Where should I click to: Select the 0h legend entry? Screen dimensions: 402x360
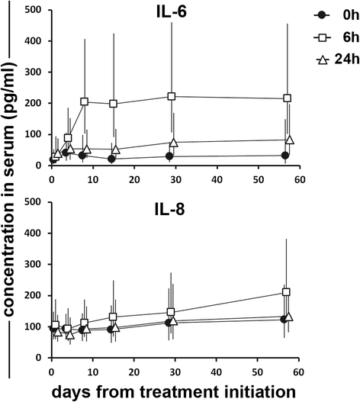point(327,14)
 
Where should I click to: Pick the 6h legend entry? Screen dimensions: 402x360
point(327,37)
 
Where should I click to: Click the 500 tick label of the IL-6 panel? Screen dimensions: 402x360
point(33,10)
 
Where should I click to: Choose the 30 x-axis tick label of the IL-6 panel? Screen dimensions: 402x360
point(175,178)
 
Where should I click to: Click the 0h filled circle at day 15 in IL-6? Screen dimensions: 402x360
point(111,159)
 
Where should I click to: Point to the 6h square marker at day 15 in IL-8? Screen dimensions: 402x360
point(113,317)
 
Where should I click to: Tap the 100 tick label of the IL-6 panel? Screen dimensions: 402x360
point(33,134)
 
